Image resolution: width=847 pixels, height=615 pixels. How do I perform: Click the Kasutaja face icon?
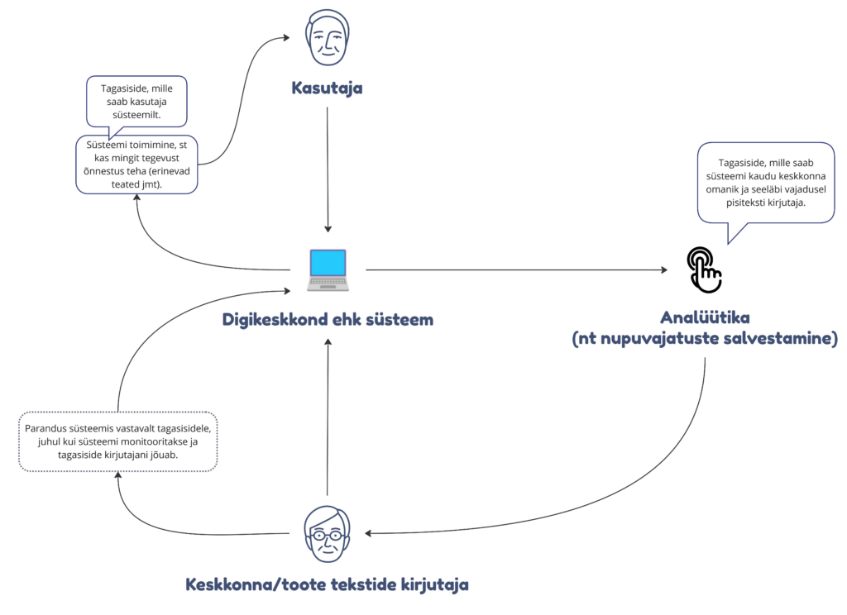[x=327, y=38]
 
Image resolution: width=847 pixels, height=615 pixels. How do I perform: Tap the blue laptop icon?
[x=327, y=270]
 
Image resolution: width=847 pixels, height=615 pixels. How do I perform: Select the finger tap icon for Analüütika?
[x=705, y=269]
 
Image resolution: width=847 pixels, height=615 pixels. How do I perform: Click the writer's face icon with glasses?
[x=327, y=533]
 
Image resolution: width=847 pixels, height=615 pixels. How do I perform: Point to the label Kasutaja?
[x=327, y=87]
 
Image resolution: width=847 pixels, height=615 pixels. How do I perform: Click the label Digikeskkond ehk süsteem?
[x=328, y=319]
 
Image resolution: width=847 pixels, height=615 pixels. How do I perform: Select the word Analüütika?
[x=705, y=317]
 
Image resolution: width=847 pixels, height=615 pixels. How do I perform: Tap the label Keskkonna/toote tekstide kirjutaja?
[x=327, y=585]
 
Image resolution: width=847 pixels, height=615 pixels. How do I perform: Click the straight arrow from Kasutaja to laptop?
[x=328, y=165]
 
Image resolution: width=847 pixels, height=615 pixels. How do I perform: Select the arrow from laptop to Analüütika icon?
[x=513, y=269]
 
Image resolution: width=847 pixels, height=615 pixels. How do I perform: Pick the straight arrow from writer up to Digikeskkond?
[x=328, y=413]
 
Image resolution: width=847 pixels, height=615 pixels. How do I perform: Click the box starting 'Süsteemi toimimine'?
[x=136, y=164]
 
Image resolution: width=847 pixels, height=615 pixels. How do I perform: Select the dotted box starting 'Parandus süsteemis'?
[x=117, y=441]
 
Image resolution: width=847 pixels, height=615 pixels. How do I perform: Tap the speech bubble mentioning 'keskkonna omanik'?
[x=765, y=182]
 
